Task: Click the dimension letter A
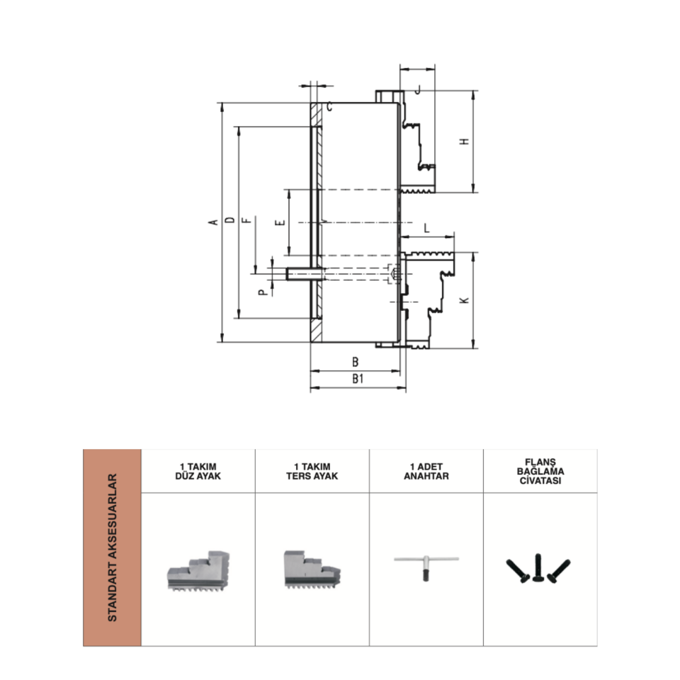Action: pyautogui.click(x=213, y=222)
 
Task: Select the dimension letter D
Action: pyautogui.click(x=229, y=220)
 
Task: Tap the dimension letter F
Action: pyautogui.click(x=248, y=220)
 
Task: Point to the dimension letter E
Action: pyautogui.click(x=281, y=222)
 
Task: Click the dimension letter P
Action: pyautogui.click(x=263, y=293)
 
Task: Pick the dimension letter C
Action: pyautogui.click(x=329, y=106)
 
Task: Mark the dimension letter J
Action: pyautogui.click(x=418, y=90)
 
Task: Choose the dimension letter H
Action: pyautogui.click(x=465, y=142)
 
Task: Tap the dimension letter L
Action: pyautogui.click(x=426, y=228)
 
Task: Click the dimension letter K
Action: pyautogui.click(x=465, y=300)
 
